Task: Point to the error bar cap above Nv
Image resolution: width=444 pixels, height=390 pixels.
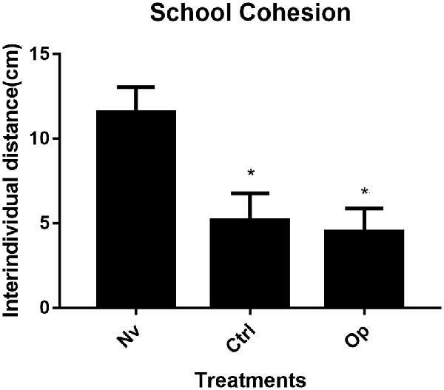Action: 133,87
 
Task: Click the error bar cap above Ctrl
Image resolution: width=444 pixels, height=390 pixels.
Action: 252,193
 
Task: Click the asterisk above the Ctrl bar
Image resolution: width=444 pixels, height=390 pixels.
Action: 252,174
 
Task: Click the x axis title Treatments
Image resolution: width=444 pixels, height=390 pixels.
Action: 249,379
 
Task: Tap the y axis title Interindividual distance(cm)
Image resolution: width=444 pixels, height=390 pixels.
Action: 13,182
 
